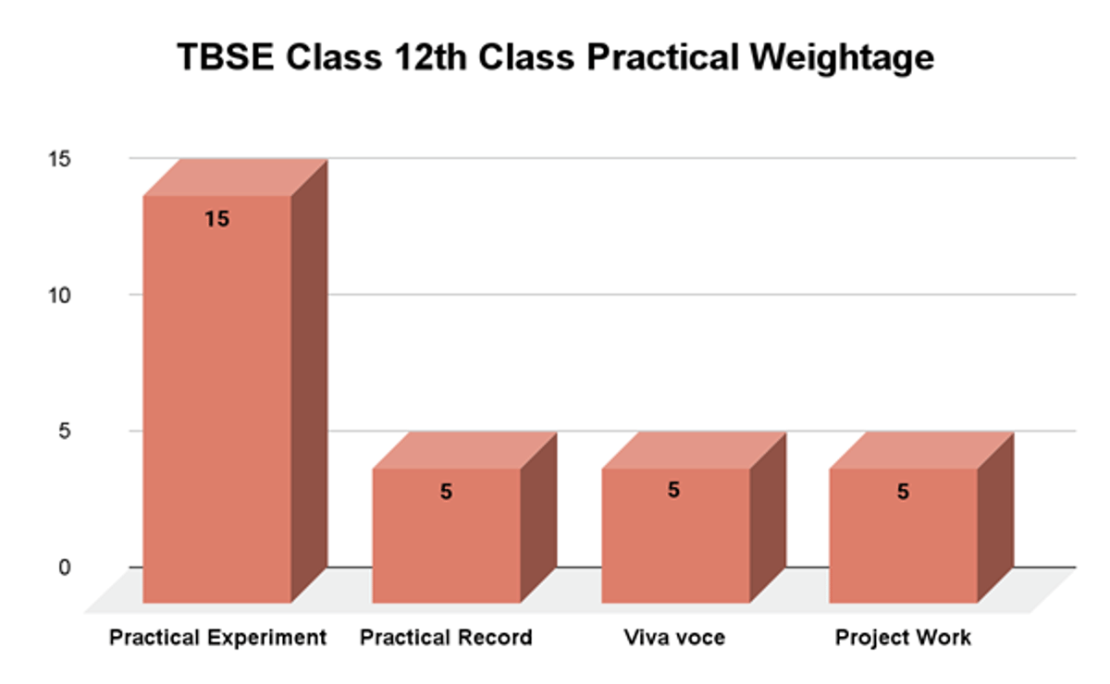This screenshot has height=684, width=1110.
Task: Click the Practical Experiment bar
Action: [217, 397]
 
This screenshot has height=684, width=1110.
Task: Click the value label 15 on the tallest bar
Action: [217, 219]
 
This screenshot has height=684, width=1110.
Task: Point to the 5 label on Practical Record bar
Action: [446, 492]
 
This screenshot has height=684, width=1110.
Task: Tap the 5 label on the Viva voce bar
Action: [673, 490]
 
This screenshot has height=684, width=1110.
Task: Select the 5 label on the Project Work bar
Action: [903, 492]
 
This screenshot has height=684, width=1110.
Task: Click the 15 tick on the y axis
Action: [60, 159]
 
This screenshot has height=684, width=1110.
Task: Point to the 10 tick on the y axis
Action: [60, 295]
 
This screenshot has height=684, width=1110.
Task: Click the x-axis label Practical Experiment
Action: [217, 638]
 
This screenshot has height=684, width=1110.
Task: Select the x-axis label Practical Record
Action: [446, 638]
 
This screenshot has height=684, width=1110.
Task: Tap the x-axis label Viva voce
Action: [674, 638]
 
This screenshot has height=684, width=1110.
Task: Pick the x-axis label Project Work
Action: [903, 638]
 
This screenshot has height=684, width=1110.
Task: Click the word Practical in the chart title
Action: [657, 58]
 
